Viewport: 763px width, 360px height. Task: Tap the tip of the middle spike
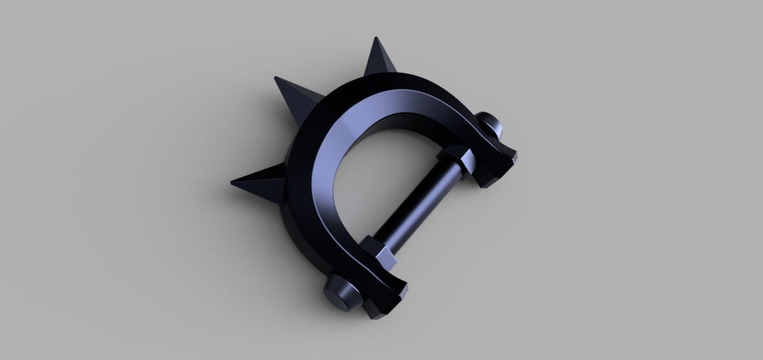tap(276, 76)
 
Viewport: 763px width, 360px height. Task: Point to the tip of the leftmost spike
tap(230, 181)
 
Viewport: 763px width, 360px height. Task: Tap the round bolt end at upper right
tap(488, 124)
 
